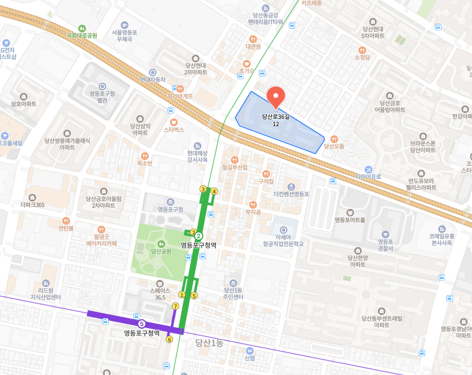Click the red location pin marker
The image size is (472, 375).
point(276,97)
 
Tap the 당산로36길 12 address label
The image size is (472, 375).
point(276,120)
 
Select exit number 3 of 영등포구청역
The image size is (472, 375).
point(203,189)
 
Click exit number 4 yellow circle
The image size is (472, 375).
point(214,191)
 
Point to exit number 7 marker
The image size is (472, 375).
point(175,306)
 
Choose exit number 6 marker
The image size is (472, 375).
point(169,339)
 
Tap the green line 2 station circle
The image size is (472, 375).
point(198,236)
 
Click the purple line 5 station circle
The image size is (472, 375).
point(142,324)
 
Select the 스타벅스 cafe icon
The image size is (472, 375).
point(174,122)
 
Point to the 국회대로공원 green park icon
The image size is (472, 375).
point(82,28)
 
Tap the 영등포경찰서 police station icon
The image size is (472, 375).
point(385,234)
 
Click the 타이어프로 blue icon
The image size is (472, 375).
point(368,169)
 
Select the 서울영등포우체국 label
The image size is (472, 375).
point(125,35)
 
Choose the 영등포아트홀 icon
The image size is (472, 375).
point(350,212)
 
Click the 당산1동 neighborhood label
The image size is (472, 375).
point(209,343)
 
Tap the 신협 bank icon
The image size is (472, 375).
point(249,350)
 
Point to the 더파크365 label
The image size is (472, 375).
point(32,204)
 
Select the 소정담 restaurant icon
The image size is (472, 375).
point(362,50)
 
